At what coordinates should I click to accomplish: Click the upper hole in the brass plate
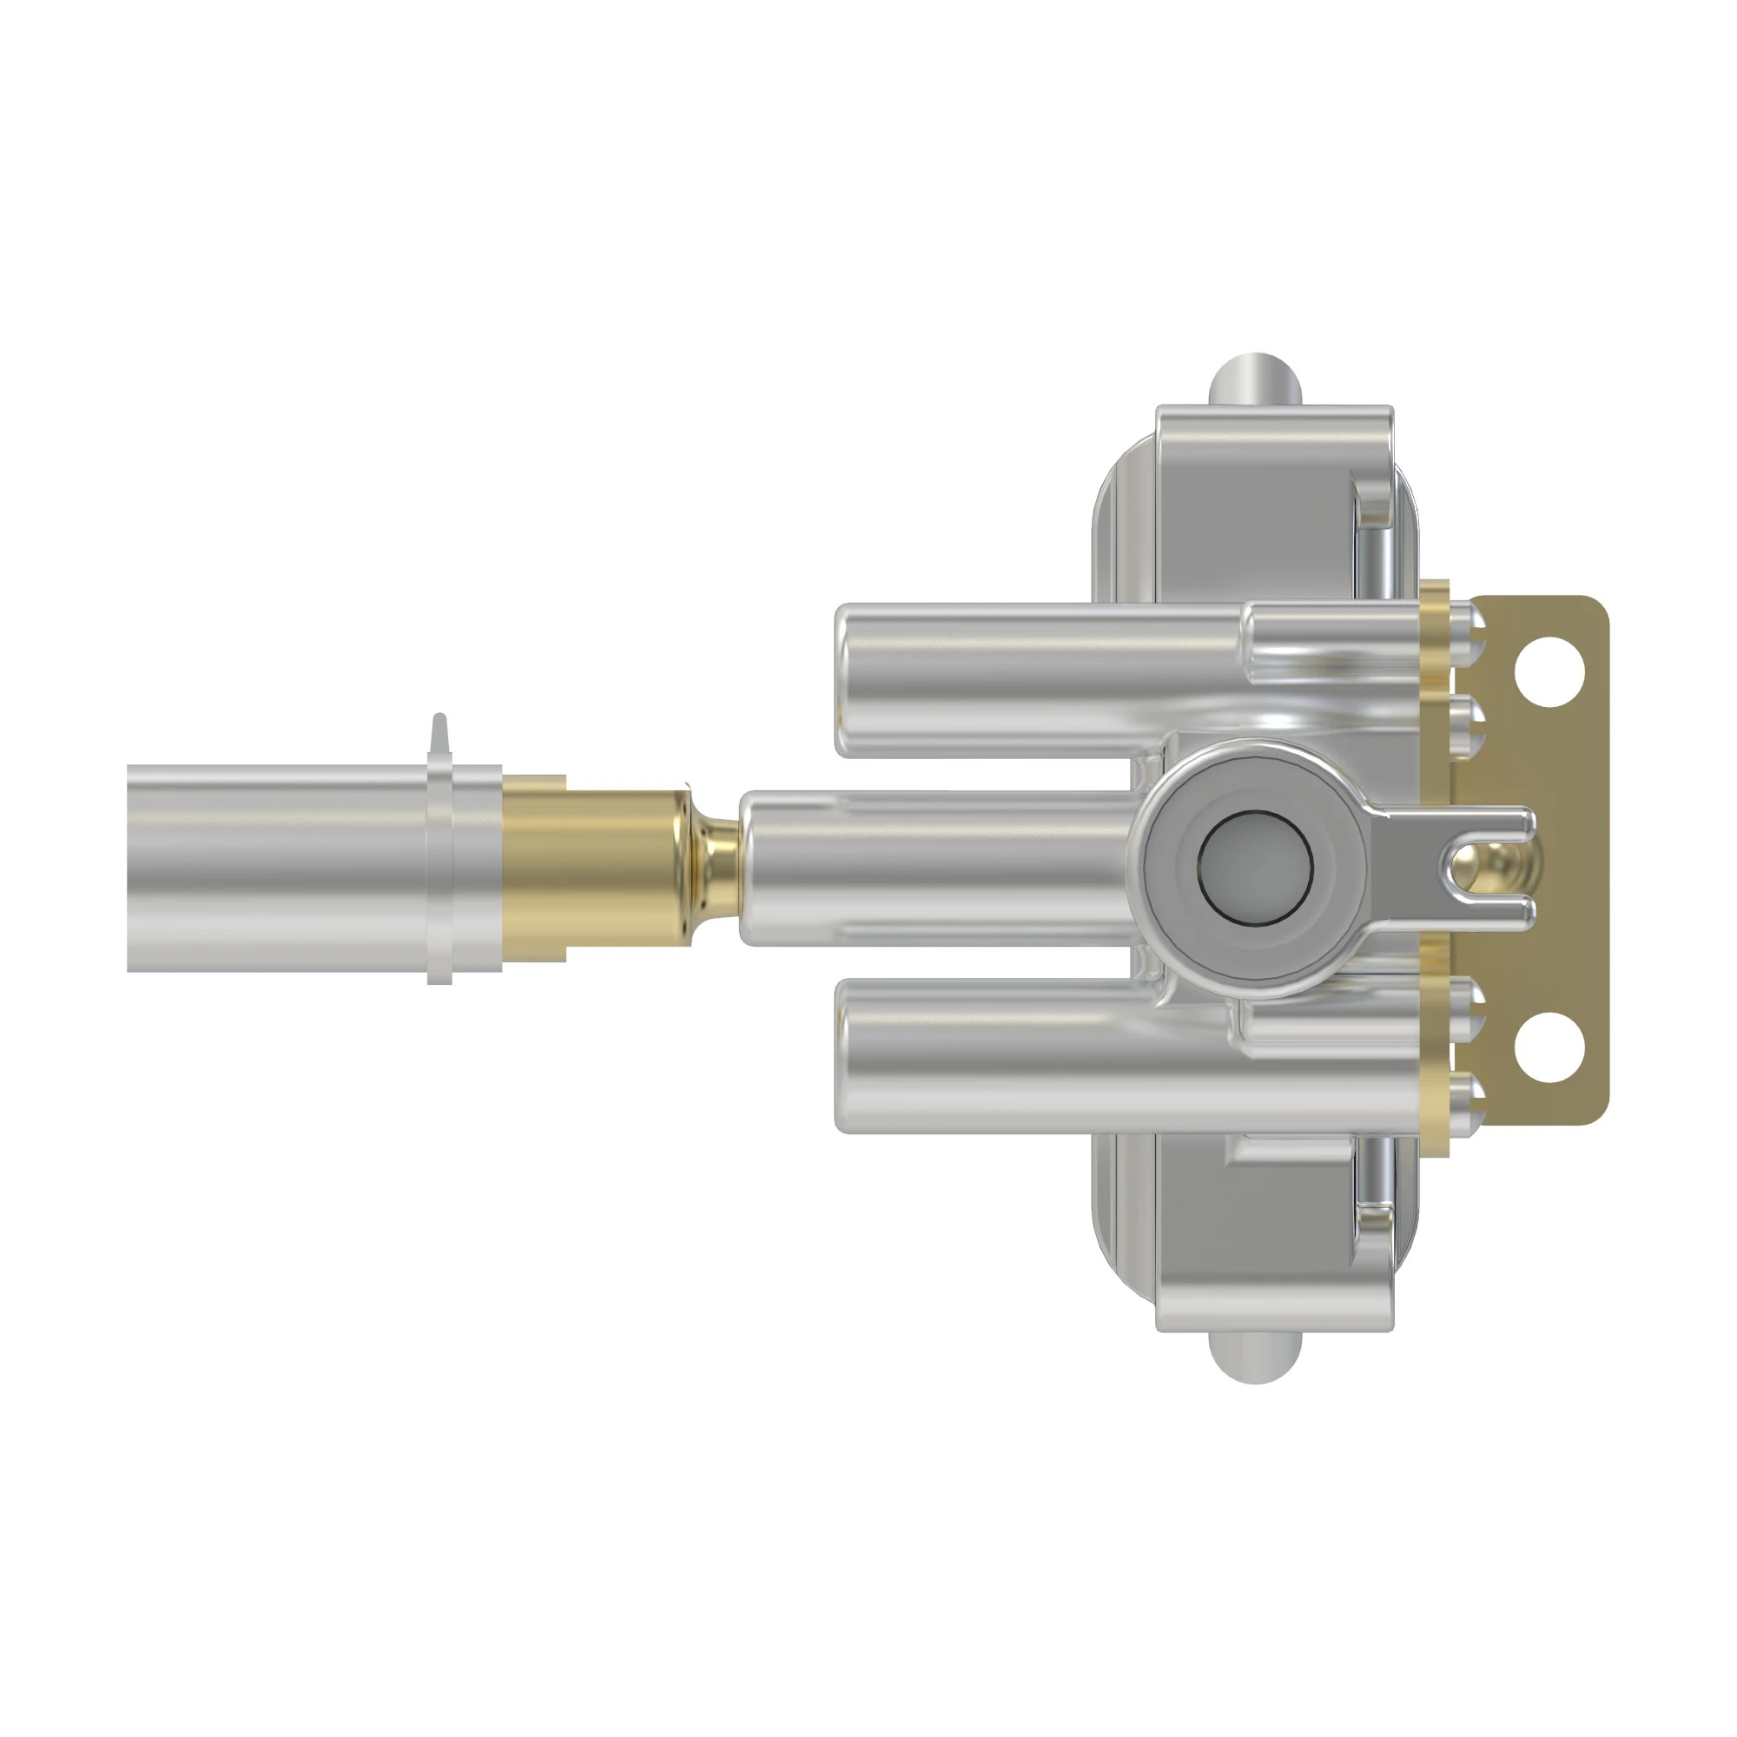click(1549, 671)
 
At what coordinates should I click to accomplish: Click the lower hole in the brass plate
click(1549, 1047)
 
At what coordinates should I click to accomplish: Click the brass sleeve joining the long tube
click(593, 868)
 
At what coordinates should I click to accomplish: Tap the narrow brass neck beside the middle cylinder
click(717, 867)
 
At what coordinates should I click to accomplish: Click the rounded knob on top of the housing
click(1255, 379)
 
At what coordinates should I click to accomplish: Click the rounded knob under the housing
click(1255, 1358)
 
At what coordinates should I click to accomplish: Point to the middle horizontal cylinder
click(935, 867)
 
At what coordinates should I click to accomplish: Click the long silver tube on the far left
click(270, 868)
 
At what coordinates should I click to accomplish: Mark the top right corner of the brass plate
click(1595, 607)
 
